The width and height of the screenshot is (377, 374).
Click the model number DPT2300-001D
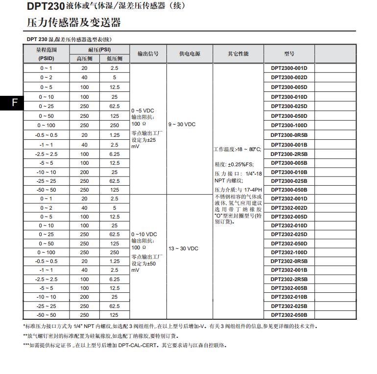[289, 68]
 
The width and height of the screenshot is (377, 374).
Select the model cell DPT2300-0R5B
[289, 135]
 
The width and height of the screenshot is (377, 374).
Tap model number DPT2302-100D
[289, 252]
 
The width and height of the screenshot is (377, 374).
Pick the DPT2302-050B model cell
[289, 315]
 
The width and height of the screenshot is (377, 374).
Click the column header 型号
[289, 54]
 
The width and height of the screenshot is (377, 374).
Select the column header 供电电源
[189, 54]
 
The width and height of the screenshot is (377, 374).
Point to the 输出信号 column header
[148, 54]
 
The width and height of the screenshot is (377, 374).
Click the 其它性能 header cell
[238, 54]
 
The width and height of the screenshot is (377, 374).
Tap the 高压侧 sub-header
[85, 59]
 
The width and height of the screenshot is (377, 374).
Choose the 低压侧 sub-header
[114, 59]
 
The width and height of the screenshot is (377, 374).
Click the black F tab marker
[15, 102]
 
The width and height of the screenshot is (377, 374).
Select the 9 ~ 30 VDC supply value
[182, 125]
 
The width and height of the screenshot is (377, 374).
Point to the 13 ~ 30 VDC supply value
[183, 249]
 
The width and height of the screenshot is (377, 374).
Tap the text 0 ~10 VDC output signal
[144, 234]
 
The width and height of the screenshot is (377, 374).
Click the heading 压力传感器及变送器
[73, 23]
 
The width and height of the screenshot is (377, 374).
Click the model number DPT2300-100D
[289, 125]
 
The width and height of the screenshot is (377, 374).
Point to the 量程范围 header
[47, 49]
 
